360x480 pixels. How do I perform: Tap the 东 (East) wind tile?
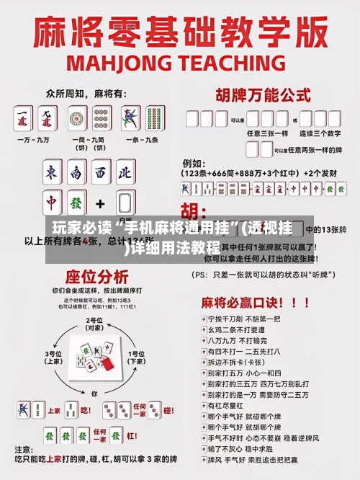(53, 172)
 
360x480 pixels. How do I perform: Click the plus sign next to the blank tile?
(100, 203)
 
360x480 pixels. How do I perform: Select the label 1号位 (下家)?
(137, 357)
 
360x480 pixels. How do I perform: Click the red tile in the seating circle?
(107, 365)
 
